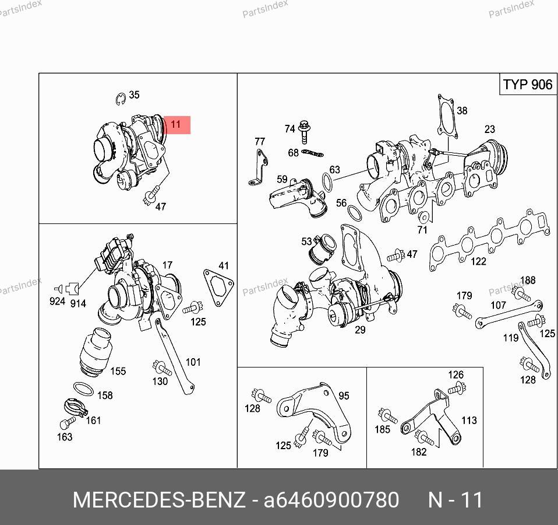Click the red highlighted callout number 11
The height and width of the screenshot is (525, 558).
pyautogui.click(x=177, y=125)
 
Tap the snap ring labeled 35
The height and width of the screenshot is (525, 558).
pyautogui.click(x=121, y=99)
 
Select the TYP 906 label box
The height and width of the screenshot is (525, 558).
pyautogui.click(x=528, y=85)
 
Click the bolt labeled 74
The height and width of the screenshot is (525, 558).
pyautogui.click(x=304, y=131)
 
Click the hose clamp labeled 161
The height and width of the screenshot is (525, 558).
pyautogui.click(x=76, y=407)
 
